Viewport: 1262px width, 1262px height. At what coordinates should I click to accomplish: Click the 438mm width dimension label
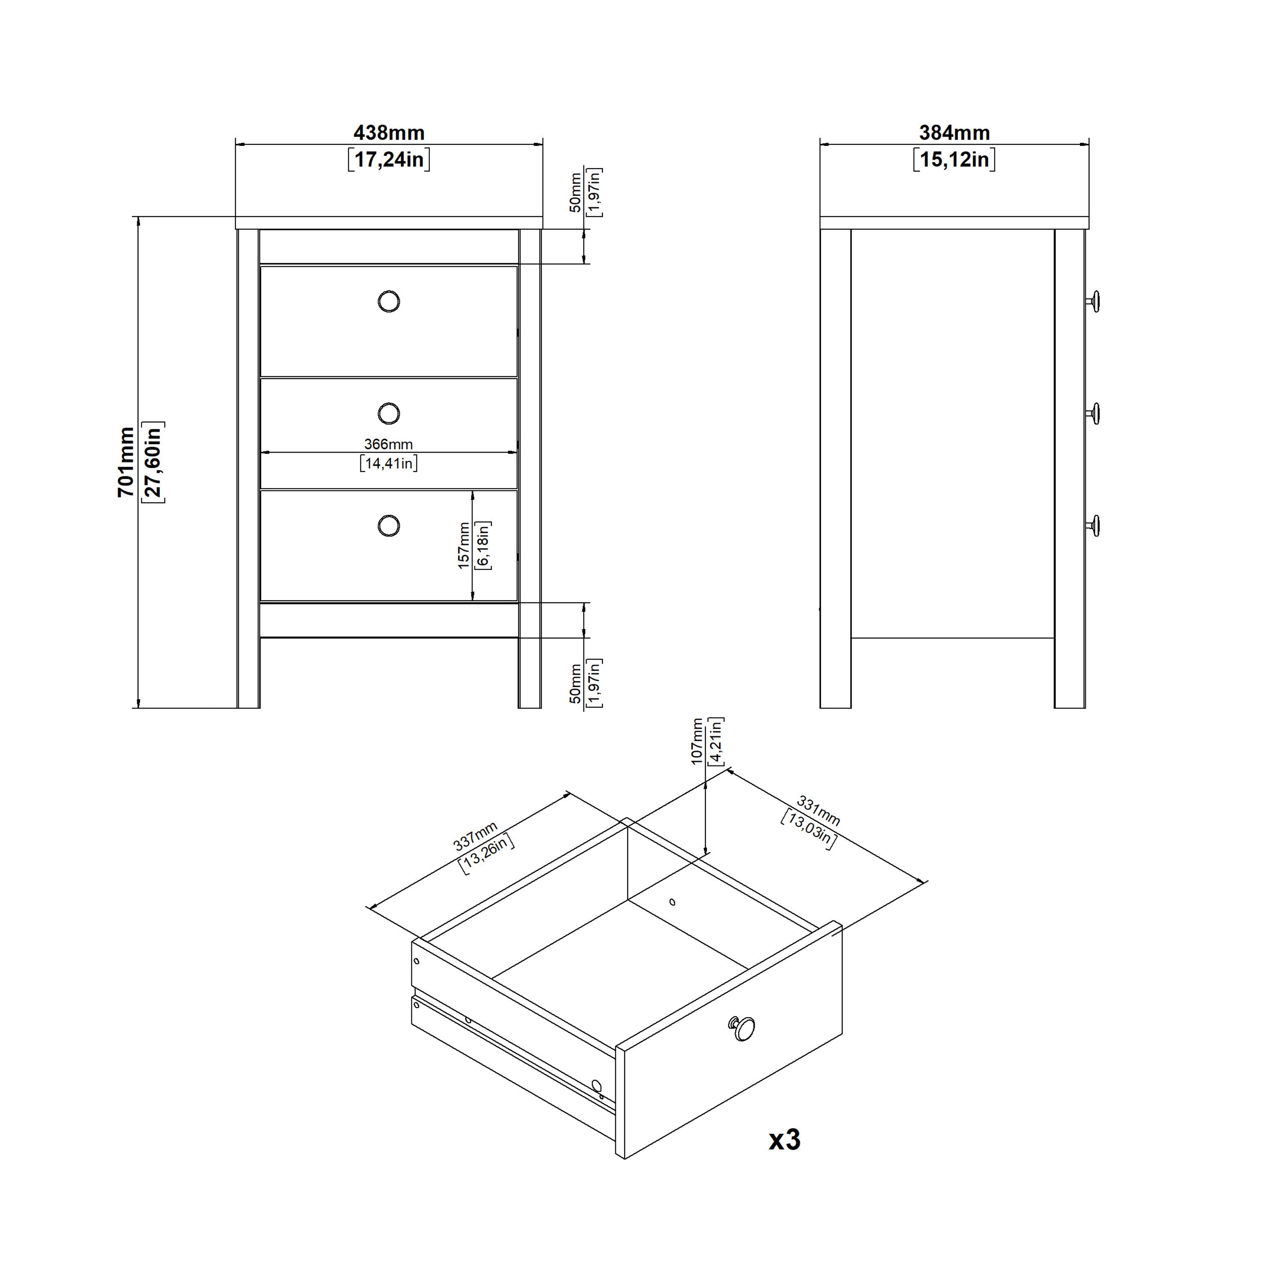[389, 133]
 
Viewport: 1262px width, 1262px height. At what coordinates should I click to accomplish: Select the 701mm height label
[126, 462]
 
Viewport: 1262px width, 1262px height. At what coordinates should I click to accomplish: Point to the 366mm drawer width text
[389, 444]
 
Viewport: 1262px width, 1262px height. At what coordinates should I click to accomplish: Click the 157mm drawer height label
[464, 546]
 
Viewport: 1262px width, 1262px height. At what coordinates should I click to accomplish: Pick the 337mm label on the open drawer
[475, 837]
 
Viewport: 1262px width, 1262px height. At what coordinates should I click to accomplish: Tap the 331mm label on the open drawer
[818, 811]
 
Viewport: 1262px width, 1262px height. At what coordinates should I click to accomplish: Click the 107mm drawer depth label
[697, 741]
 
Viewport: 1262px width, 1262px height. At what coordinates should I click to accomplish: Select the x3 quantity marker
[784, 1139]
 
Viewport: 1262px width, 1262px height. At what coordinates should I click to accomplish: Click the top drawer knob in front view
[389, 302]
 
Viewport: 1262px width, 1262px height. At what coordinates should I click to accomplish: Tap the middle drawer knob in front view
[389, 414]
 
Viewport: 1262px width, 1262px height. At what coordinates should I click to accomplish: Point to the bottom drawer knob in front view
[389, 526]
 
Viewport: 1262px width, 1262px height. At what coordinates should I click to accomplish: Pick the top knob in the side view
[1093, 302]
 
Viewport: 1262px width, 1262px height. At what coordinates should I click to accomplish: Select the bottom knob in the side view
[1093, 526]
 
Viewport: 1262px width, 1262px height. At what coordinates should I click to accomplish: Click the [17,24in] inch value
[389, 159]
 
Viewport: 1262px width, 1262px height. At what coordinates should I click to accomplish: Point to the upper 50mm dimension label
[575, 192]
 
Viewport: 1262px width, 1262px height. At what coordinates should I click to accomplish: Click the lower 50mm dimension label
[575, 683]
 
